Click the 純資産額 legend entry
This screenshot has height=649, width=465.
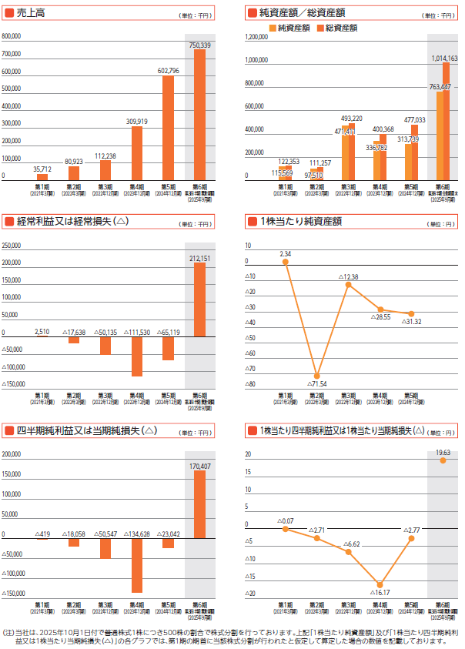tap(290, 28)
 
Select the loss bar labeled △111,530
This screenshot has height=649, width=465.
tap(137, 355)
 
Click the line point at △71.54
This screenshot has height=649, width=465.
tap(317, 376)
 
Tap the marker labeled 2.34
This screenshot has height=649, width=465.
tap(286, 262)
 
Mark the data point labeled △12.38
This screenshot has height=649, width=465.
tap(349, 285)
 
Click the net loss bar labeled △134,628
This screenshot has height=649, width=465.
tap(137, 565)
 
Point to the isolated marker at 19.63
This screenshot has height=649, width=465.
tap(443, 460)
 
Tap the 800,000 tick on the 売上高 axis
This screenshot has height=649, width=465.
tap(12, 36)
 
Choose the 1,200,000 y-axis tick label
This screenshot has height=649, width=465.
tap(256, 36)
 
